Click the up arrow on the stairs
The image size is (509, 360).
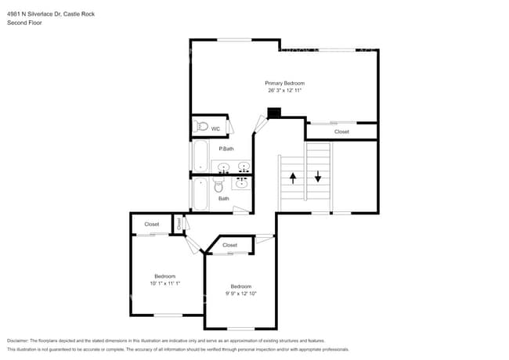(x=294, y=178)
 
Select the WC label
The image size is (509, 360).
(x=215, y=128)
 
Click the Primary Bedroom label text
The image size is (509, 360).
(x=284, y=83)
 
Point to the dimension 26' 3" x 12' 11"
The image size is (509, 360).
(x=284, y=91)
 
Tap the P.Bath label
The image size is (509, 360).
(x=226, y=149)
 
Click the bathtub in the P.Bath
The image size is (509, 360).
(x=200, y=157)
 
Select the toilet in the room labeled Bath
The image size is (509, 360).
(x=219, y=186)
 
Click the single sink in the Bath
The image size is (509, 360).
(x=241, y=183)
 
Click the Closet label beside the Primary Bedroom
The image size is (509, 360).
(x=341, y=131)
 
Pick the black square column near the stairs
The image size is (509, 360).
(x=273, y=113)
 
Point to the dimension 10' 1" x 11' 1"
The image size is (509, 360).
(x=164, y=283)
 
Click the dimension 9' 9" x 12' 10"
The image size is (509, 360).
(x=241, y=293)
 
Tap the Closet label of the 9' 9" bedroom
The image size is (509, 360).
(x=229, y=246)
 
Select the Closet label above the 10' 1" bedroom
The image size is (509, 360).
(x=152, y=225)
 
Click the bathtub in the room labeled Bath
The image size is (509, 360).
(x=200, y=195)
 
